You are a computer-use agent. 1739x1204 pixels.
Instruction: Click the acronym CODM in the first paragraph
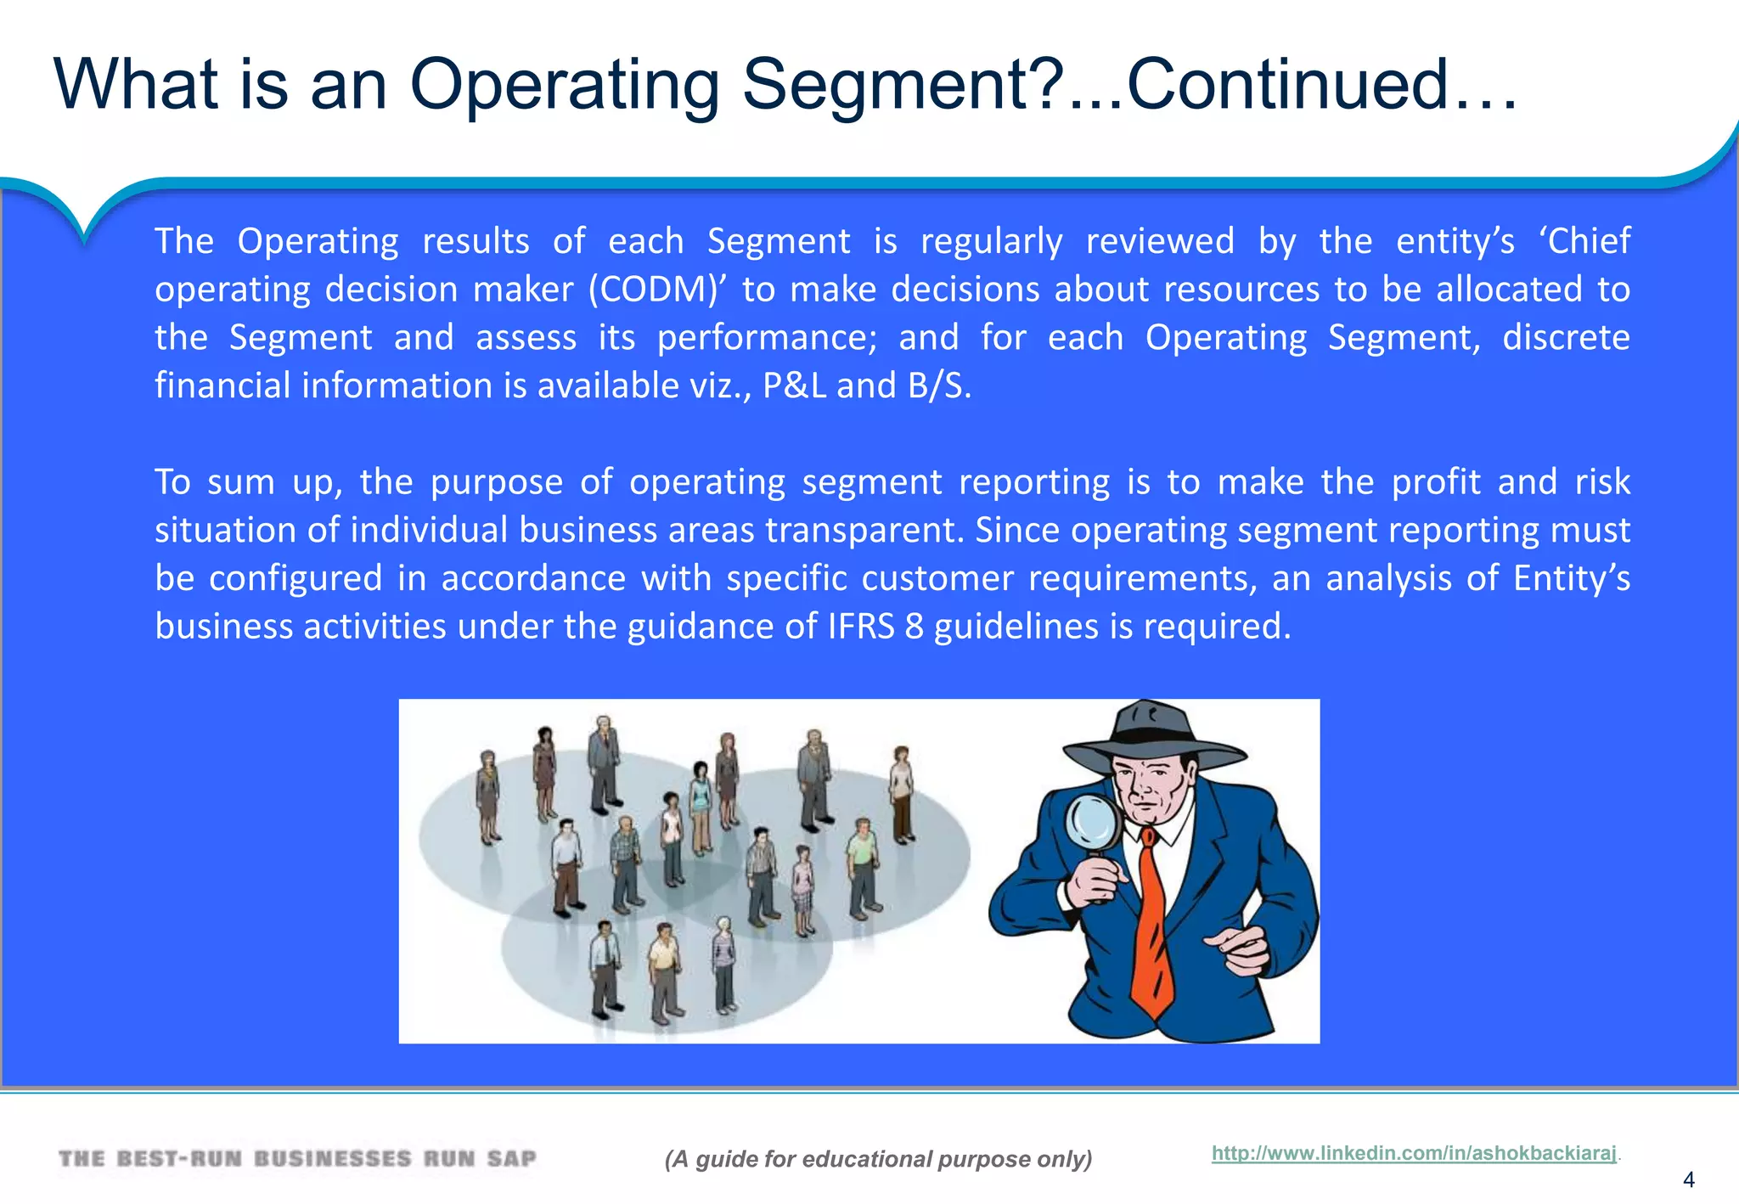point(658,290)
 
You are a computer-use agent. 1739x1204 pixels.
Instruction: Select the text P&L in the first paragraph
point(794,385)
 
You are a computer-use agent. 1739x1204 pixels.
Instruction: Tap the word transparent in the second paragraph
point(864,531)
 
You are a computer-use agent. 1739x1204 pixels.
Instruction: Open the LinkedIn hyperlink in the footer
point(1413,1153)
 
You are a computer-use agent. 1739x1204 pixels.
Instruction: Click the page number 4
point(1688,1179)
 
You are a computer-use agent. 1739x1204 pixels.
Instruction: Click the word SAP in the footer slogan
point(511,1159)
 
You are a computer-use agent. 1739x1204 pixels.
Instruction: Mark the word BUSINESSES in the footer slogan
point(332,1159)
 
